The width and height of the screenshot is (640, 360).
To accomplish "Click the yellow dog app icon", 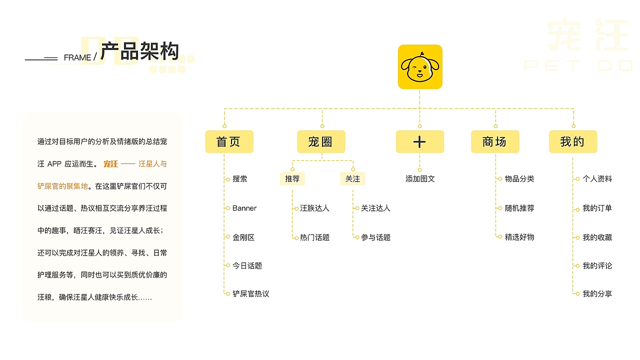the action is [x=419, y=67].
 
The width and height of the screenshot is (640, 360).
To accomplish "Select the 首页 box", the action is [x=229, y=141].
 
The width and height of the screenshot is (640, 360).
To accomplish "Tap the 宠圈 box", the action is [x=321, y=141].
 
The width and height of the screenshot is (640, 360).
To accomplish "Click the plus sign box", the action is [x=419, y=141].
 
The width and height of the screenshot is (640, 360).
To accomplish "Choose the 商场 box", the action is [x=495, y=141].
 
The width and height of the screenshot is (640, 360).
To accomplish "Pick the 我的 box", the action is [x=573, y=141].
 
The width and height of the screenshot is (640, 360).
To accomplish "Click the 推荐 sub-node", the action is [x=292, y=179].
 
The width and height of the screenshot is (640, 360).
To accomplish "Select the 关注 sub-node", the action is [x=352, y=179].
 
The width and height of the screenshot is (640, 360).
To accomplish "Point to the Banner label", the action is [x=244, y=208].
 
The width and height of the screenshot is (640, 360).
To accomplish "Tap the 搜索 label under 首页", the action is [x=239, y=179].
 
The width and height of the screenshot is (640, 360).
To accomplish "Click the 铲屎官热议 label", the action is [x=250, y=293].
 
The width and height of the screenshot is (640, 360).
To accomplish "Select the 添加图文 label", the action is [x=420, y=179].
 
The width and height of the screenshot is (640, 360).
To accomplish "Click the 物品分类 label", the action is [x=519, y=179].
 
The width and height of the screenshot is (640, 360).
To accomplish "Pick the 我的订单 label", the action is [x=597, y=208].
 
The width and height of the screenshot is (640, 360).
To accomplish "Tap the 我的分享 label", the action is [x=597, y=293].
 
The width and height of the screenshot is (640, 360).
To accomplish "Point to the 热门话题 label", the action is [x=314, y=237].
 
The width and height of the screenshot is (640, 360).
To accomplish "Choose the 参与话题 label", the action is [x=375, y=237].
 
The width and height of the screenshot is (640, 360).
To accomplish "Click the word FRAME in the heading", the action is [x=77, y=57].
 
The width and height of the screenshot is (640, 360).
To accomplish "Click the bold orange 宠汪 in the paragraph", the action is [x=110, y=164].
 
